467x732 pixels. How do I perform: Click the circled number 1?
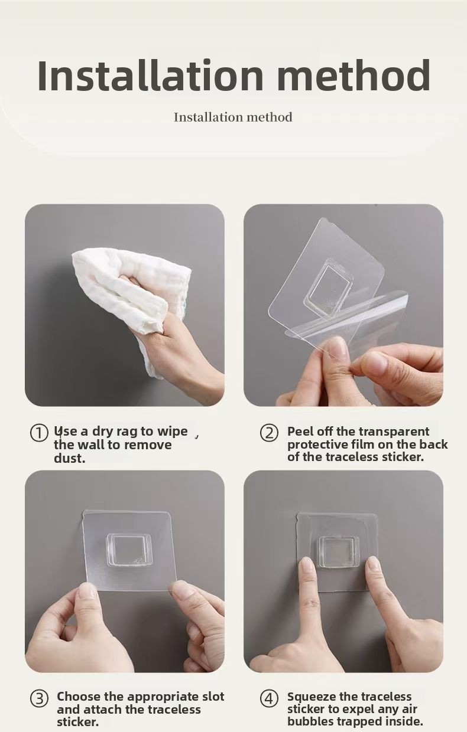click(39, 433)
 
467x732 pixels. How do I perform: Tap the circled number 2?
click(269, 433)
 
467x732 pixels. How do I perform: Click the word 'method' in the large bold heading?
click(354, 75)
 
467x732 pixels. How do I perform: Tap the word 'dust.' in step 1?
click(69, 458)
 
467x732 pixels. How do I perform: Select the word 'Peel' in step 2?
click(299, 432)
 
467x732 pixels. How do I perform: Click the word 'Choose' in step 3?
click(79, 697)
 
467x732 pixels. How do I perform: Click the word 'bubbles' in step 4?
click(310, 721)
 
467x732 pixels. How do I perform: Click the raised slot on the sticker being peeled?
click(329, 287)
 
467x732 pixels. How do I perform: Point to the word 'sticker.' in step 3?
click(77, 722)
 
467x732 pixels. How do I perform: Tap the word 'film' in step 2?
click(362, 445)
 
